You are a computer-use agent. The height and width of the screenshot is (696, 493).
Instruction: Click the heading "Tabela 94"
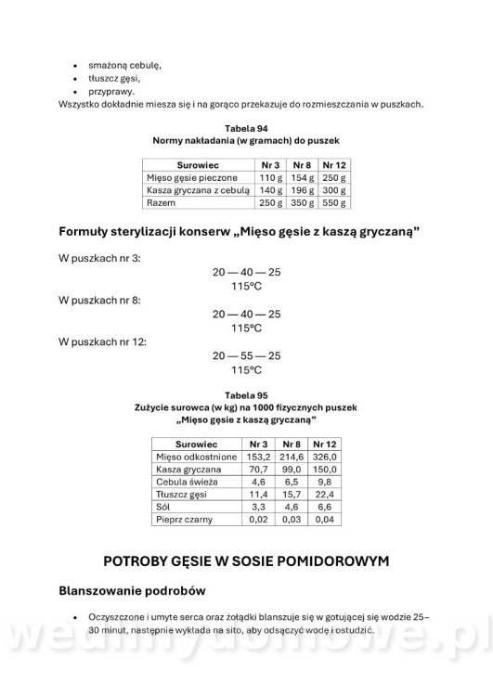246,127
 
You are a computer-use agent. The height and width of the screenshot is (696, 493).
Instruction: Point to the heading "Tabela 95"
246,394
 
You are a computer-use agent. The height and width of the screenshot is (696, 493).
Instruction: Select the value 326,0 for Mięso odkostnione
327,458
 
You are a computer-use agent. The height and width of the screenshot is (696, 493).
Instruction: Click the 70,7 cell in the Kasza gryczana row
258,470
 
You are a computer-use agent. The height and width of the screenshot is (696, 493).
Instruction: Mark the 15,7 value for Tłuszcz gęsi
292,496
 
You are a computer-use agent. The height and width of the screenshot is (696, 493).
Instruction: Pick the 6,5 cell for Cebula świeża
292,483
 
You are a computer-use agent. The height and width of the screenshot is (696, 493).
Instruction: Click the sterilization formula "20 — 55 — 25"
246,355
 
